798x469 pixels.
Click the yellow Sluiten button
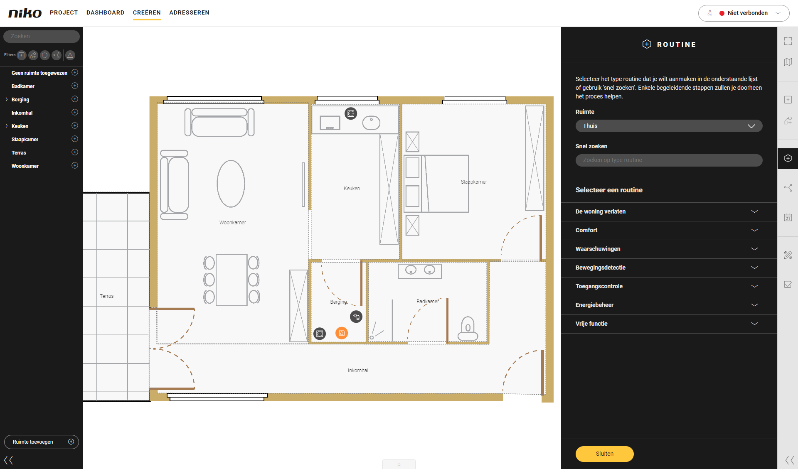(604, 454)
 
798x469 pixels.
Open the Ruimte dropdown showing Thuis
(669, 126)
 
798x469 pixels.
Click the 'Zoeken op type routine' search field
(669, 160)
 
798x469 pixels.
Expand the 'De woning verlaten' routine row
(669, 211)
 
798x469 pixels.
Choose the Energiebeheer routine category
(669, 305)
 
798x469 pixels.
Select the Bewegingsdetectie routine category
(669, 268)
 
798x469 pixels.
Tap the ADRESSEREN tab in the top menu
(189, 12)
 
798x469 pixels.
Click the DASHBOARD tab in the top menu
(105, 12)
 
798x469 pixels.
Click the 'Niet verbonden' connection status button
(744, 13)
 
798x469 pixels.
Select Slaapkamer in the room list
(25, 140)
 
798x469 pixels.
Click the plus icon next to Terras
(75, 152)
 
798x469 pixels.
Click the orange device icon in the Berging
(342, 333)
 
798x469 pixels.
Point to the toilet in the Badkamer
(468, 329)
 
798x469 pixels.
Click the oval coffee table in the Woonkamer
(231, 184)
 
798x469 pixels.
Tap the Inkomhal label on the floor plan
(358, 371)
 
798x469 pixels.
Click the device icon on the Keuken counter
(351, 113)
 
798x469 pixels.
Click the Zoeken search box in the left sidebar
(42, 36)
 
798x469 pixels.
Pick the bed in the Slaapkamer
(436, 184)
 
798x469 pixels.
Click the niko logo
(25, 13)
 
